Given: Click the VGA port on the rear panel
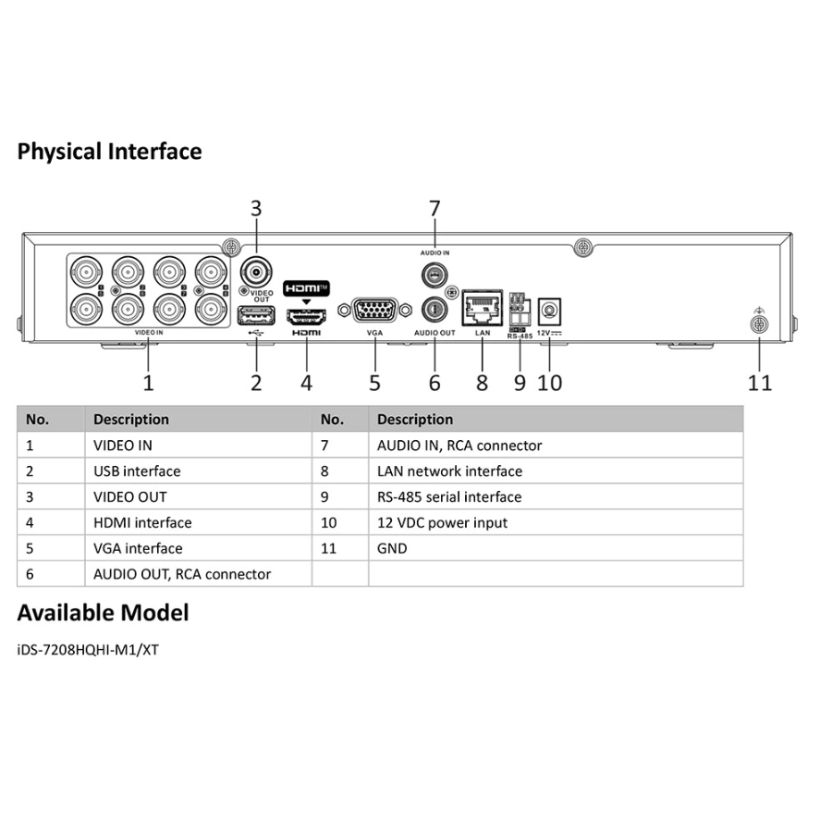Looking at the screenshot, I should [374, 309].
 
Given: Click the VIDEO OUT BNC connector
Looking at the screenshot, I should [256, 272].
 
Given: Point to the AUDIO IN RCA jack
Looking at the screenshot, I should [434, 275].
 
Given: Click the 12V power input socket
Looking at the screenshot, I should [550, 308].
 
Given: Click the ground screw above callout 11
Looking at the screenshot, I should [760, 324].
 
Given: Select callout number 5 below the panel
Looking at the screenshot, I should [374, 382].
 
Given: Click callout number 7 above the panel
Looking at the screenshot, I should [434, 209].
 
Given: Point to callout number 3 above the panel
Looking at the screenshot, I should [256, 209].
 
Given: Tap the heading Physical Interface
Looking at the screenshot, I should [109, 151].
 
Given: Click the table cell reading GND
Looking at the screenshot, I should [392, 548].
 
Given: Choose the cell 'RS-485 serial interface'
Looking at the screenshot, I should [449, 496].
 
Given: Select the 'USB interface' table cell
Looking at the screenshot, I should [137, 471].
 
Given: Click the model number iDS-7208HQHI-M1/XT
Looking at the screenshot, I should [88, 650].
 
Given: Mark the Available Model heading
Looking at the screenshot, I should [103, 612].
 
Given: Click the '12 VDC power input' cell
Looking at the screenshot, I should [442, 522].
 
